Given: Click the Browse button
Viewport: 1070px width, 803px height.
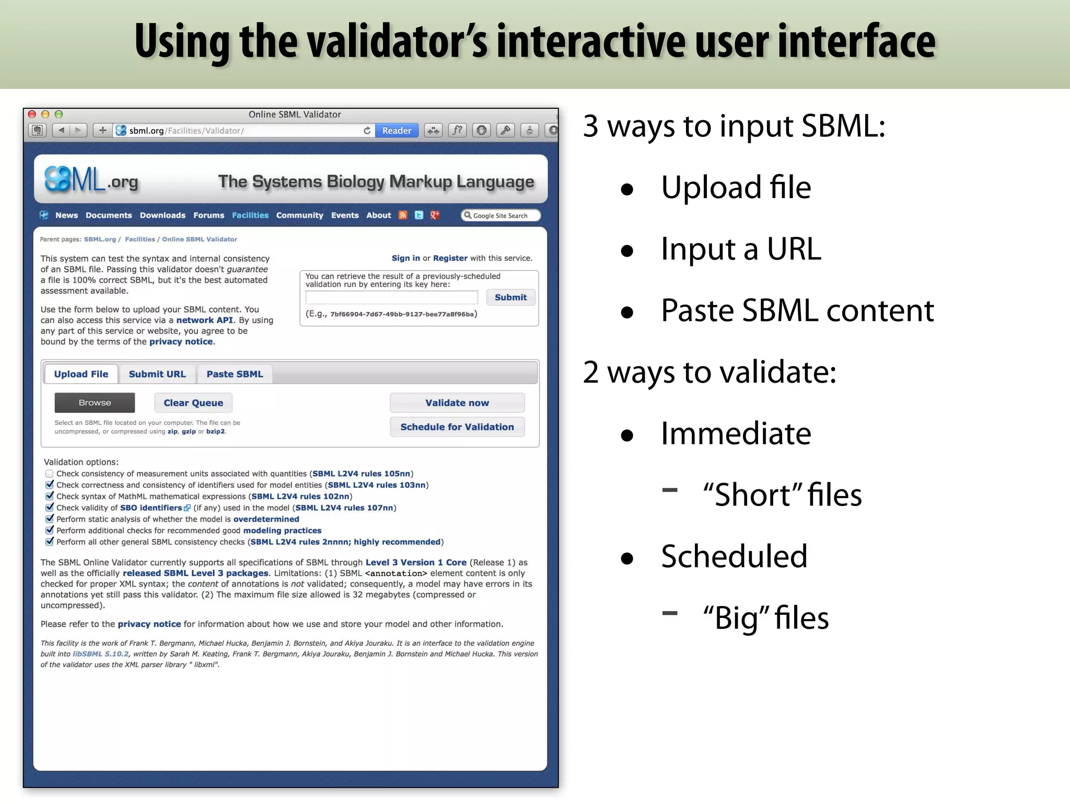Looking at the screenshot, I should click(95, 403).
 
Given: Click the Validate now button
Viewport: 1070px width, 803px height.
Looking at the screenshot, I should click(457, 403).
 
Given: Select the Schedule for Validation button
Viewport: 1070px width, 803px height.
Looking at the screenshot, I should click(457, 427).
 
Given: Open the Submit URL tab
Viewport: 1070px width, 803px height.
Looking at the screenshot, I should click(157, 374).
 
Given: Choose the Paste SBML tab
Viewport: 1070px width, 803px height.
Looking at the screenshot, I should click(235, 374).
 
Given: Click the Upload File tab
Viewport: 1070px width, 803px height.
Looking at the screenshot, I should click(81, 374).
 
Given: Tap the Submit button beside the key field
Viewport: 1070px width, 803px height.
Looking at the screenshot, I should click(510, 297).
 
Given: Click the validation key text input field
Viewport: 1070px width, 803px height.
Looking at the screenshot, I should click(391, 297).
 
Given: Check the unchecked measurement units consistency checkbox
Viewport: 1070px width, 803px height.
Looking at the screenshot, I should click(49, 474).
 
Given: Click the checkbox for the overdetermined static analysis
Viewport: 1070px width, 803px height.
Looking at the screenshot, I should click(49, 519).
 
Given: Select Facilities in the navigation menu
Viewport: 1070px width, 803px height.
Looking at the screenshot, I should click(250, 215).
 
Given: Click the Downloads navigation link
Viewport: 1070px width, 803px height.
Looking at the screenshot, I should click(162, 215).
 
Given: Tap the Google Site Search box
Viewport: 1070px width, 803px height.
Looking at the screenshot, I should click(501, 215).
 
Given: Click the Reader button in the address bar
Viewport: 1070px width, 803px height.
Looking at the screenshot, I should click(397, 130).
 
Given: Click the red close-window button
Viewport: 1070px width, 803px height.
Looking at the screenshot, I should click(32, 114).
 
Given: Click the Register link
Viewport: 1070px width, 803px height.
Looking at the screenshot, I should click(450, 258).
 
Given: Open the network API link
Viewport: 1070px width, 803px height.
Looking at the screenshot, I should click(204, 320).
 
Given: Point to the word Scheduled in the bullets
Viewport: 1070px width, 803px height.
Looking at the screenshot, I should click(734, 556).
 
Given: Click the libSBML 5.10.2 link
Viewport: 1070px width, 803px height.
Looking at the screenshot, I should click(100, 654).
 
